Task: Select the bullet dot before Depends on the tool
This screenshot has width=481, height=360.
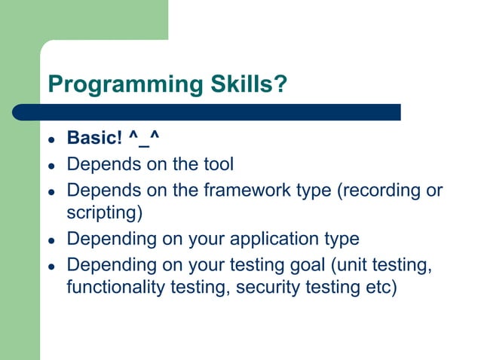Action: tap(51, 165)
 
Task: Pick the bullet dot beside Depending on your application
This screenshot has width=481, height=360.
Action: tap(51, 240)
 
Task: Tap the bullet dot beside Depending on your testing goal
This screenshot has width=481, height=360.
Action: tap(51, 266)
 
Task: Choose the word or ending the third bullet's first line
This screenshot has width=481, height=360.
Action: tap(434, 190)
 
